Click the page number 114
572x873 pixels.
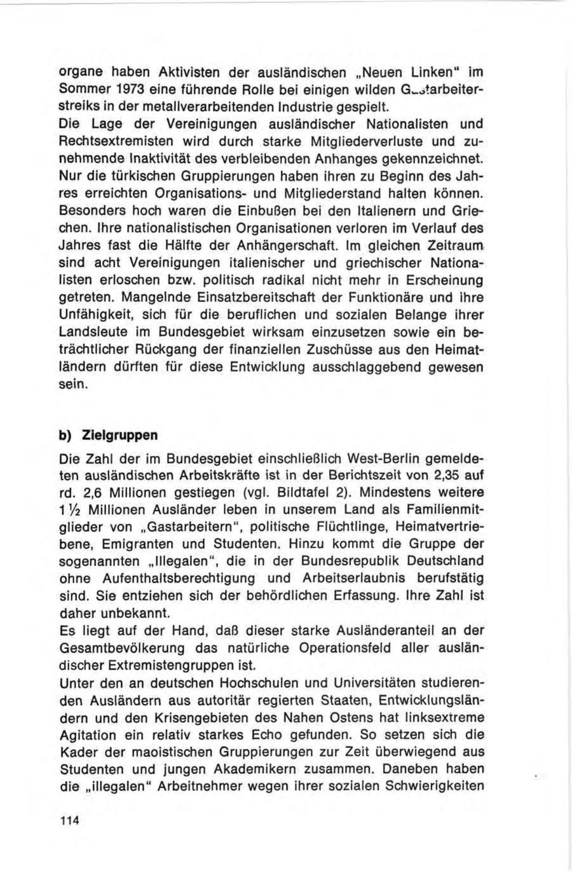tap(68, 820)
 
